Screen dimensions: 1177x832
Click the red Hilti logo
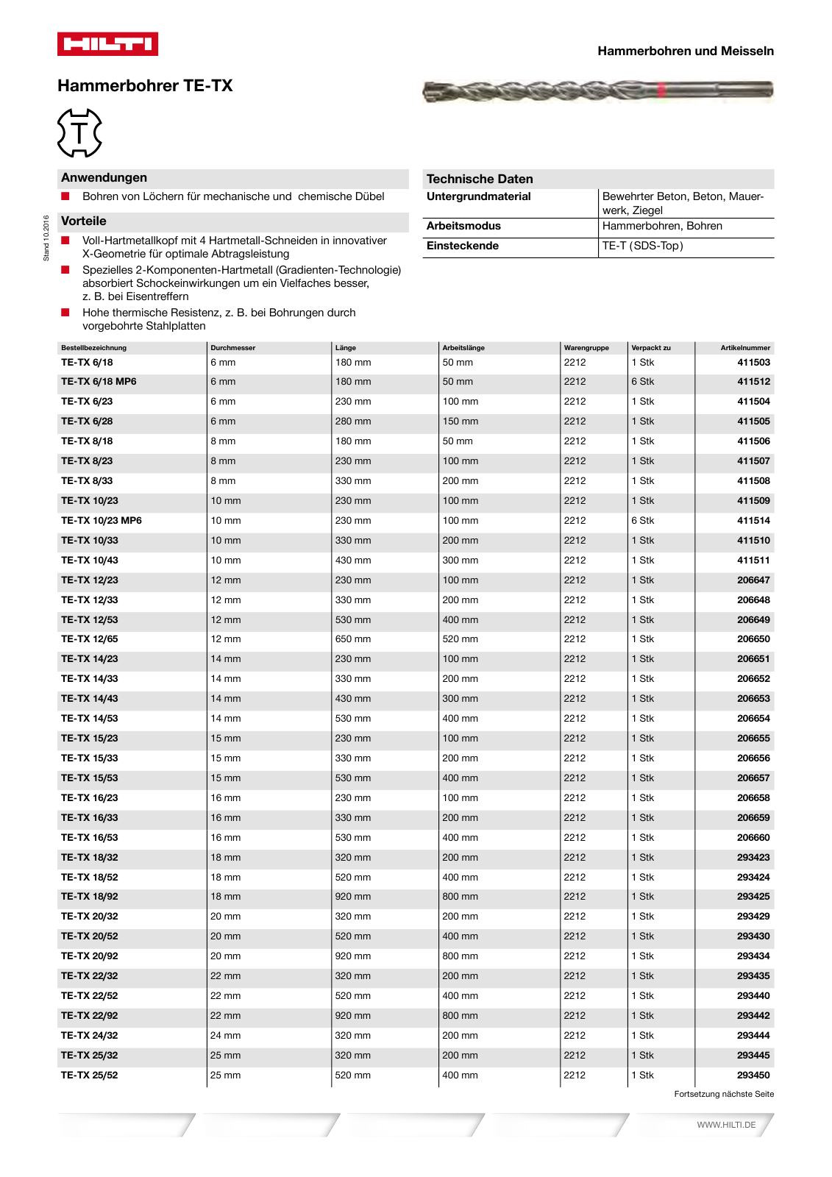coord(107,44)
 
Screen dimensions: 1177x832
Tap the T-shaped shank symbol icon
coord(79,133)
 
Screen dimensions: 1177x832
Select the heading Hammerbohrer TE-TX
coord(145,86)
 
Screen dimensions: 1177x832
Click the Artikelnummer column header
coord(744,348)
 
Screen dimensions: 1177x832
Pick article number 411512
coord(753,382)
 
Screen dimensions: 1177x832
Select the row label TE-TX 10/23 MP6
coord(102,521)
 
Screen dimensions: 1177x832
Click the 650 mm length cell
coord(353,639)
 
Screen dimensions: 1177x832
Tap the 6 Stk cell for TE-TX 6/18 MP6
coord(642,382)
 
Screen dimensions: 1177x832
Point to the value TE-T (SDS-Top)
coord(642,246)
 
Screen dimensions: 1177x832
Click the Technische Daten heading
coord(480,179)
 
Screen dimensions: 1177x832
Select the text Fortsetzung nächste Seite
coord(724,1094)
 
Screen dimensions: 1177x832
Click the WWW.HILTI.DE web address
coord(726,1125)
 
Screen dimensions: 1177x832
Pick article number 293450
coord(753,1075)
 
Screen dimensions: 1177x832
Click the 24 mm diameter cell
coord(225,1036)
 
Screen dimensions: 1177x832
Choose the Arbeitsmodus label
coord(463,227)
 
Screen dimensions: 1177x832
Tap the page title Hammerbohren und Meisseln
coord(685,51)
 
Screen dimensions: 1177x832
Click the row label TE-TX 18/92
coord(89,897)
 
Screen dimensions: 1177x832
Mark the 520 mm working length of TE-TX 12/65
coord(460,639)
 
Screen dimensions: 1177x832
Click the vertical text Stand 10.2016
coord(46,238)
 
